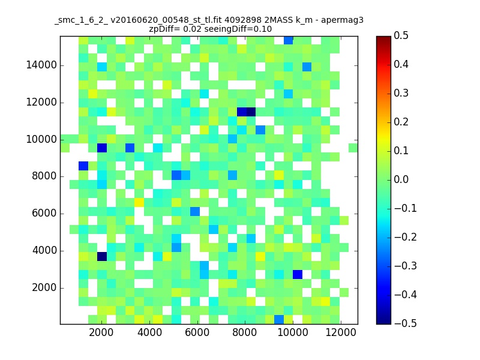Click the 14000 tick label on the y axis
(41, 65)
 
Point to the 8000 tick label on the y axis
(44, 176)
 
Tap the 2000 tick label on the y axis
(44, 288)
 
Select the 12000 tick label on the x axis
(341, 332)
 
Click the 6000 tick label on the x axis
(197, 332)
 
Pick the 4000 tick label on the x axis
(149, 332)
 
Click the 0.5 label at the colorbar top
(401, 35)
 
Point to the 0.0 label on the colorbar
(401, 179)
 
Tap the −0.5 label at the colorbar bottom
(406, 323)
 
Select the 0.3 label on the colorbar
(401, 93)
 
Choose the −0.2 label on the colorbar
(406, 237)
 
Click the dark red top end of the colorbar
(383, 38)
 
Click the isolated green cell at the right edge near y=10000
(353, 148)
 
